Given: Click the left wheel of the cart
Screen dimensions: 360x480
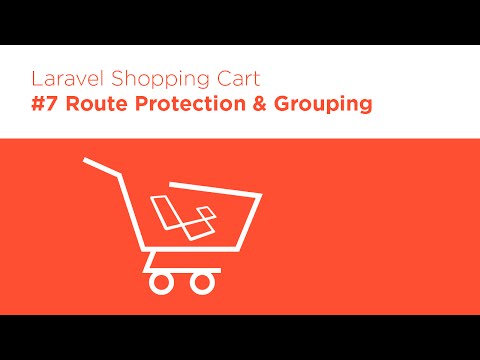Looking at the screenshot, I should point(162,282).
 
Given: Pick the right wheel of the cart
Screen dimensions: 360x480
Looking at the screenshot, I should point(202,282).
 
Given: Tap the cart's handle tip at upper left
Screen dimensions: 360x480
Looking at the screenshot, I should point(87,160).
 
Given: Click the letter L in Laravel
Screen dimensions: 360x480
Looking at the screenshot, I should point(36,78).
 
